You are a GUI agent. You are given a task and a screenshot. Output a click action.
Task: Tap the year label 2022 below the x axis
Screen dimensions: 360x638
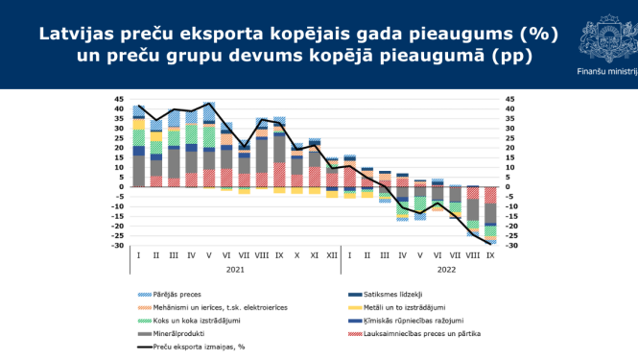(x=420, y=270)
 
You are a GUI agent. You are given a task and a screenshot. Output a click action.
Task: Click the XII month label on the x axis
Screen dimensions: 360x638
(x=332, y=256)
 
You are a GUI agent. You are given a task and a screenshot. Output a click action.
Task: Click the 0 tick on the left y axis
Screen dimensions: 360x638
(x=121, y=187)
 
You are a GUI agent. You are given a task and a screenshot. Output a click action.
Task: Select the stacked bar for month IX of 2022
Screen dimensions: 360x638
(x=490, y=216)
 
